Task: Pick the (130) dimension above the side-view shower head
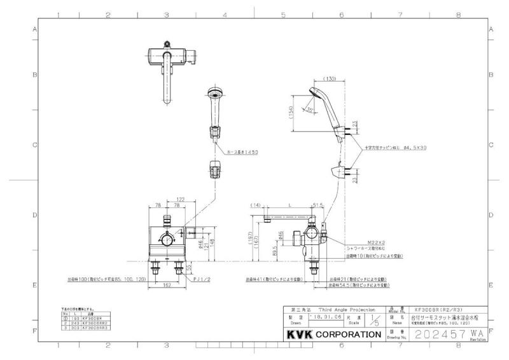pyautogui.click(x=329, y=79)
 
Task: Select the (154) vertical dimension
pyautogui.click(x=292, y=113)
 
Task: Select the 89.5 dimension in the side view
pyautogui.click(x=274, y=252)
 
